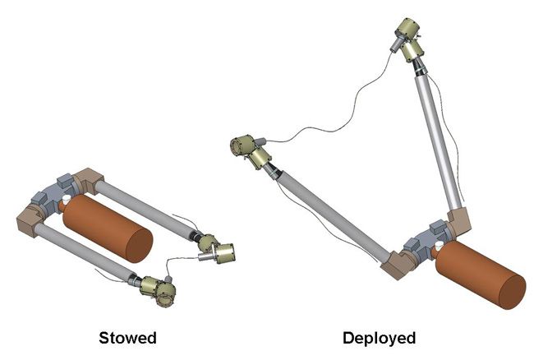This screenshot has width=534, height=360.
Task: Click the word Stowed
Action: tap(127, 338)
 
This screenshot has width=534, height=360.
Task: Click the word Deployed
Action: tap(380, 338)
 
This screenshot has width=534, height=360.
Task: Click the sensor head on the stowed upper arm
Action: tap(219, 252)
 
